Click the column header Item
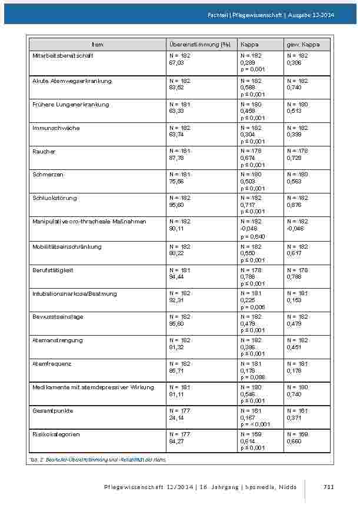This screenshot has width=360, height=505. coord(97,45)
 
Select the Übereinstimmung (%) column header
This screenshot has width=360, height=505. coord(199,45)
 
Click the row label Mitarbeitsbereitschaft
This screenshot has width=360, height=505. coord(63,55)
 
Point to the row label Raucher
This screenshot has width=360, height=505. coord(44,152)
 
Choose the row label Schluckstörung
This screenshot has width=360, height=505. coord(55,198)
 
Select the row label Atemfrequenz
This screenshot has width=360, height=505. coord(52,364)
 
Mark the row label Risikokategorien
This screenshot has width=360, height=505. coord(56,434)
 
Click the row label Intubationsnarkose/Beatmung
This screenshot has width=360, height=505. coord(75,293)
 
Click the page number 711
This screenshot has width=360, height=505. coord(329,487)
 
